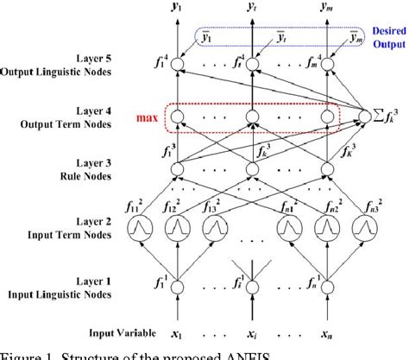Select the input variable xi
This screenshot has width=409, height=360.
pyautogui.click(x=250, y=333)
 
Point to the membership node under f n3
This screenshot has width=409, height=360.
pyautogui.click(x=362, y=229)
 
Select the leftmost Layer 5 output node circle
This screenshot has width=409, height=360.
pyautogui.click(x=177, y=64)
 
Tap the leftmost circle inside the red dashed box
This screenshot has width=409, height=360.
pyautogui.click(x=177, y=117)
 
